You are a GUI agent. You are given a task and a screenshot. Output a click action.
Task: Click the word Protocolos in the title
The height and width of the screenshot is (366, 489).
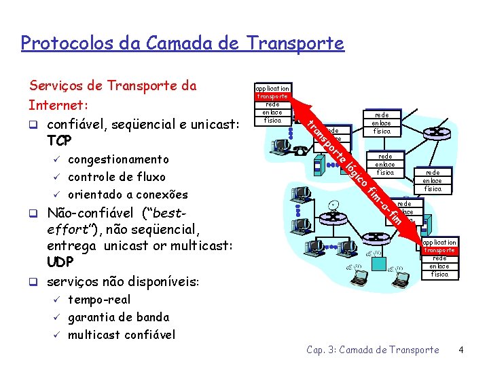[59, 44]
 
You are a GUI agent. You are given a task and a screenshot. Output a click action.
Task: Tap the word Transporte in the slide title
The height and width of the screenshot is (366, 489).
[296, 44]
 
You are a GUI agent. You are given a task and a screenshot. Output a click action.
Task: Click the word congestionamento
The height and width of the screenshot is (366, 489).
[119, 160]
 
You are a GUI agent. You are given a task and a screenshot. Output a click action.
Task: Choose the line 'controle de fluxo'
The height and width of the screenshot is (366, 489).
[116, 178]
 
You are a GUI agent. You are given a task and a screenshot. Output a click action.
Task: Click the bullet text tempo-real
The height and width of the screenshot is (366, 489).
[99, 300]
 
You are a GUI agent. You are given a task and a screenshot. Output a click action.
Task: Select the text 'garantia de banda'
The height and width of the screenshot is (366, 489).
[119, 317]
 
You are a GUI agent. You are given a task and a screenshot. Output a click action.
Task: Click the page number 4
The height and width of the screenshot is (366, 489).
[461, 350]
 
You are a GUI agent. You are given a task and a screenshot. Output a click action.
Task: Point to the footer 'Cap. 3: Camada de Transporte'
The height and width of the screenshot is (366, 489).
[373, 350]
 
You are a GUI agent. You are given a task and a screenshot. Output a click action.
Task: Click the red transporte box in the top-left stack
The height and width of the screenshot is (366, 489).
[272, 97]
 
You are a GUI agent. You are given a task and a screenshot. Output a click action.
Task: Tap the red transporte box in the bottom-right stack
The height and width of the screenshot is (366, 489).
[439, 250]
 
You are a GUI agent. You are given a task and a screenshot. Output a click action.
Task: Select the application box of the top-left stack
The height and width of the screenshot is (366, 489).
[272, 88]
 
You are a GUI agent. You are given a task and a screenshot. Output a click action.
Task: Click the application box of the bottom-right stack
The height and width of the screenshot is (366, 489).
[439, 242]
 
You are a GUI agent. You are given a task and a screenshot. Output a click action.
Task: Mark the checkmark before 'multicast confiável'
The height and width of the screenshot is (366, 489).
[58, 335]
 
